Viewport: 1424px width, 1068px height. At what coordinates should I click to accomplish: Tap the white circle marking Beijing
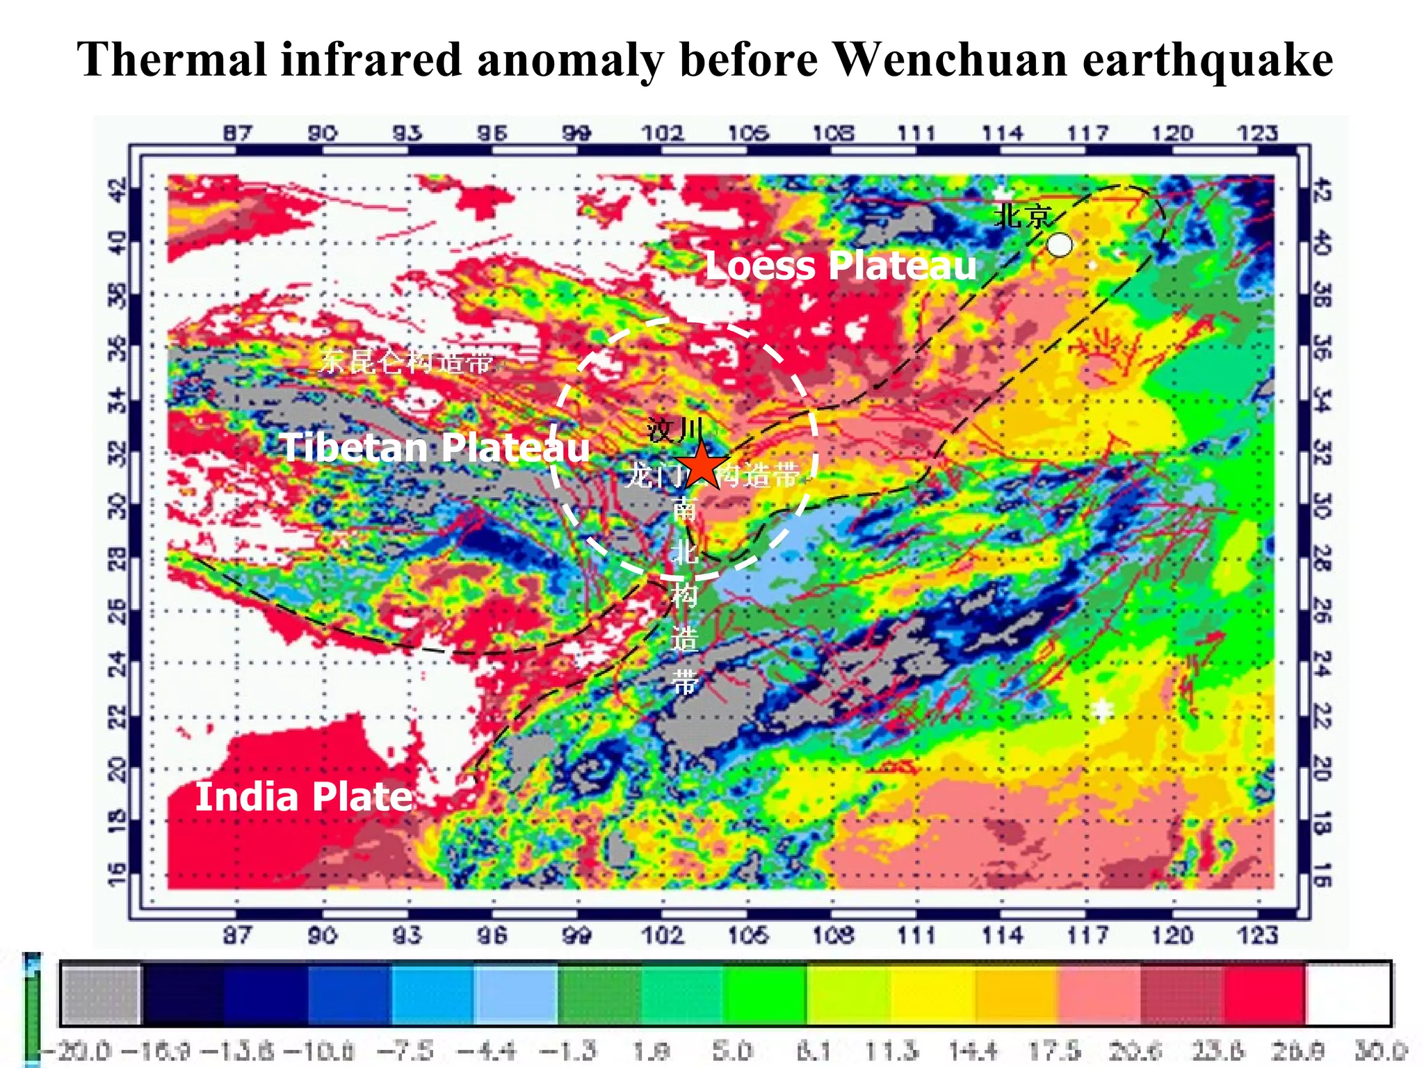tap(1059, 245)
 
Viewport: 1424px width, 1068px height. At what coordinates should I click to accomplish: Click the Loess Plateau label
tap(840, 266)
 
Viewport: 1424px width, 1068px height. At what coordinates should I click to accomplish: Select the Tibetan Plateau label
tap(435, 447)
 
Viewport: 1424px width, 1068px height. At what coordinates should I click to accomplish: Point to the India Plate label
tap(304, 796)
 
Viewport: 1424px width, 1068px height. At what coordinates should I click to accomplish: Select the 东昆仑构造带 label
tap(406, 361)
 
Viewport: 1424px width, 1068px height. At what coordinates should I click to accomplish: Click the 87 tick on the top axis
tap(238, 133)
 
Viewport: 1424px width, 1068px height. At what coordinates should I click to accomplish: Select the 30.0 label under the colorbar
tap(1380, 1050)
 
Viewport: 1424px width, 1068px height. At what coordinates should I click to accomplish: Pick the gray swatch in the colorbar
tap(101, 993)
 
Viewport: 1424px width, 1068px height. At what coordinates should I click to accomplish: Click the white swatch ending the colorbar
tap(1348, 993)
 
